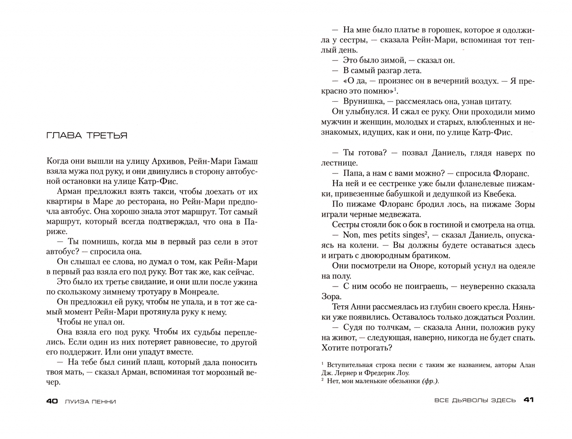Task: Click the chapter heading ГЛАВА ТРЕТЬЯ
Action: pos(87,136)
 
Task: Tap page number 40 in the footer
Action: pos(52,401)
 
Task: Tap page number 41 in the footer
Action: pos(529,400)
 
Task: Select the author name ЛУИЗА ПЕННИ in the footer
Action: pos(90,402)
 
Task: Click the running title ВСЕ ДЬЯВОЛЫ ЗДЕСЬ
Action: pos(475,400)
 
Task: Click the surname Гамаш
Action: pos(245,161)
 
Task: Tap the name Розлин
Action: pos(520,317)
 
